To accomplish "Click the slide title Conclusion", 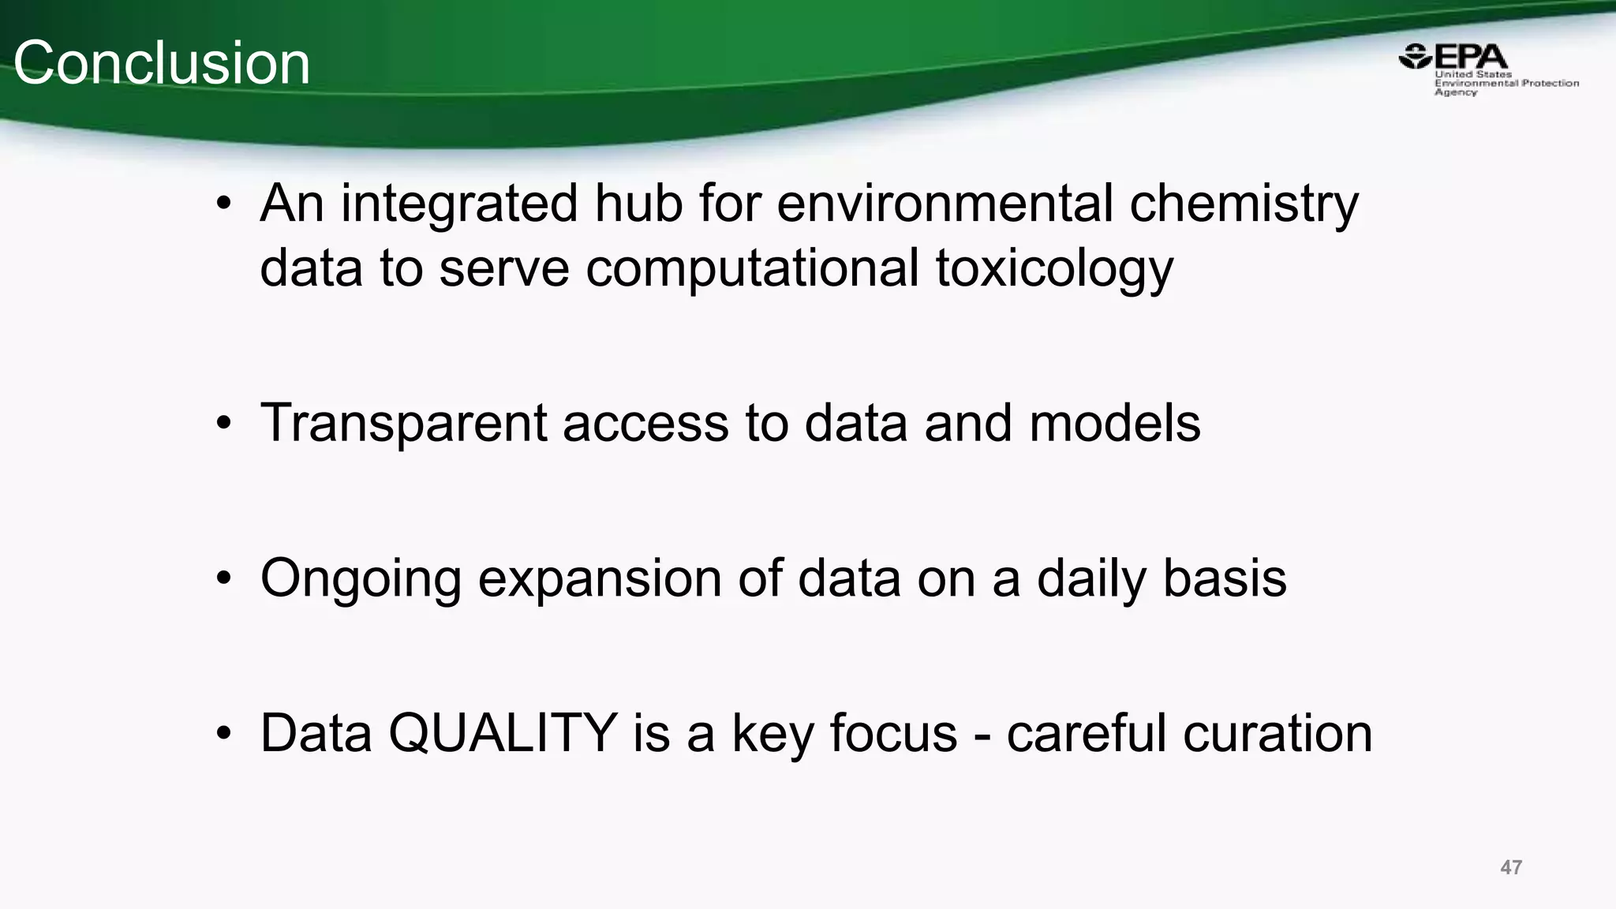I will (x=162, y=63).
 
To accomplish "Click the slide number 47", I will (x=1510, y=867).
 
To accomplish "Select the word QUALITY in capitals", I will (x=503, y=733).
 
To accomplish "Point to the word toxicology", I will (x=1054, y=270).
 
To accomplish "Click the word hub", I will (x=638, y=204).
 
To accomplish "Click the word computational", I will (x=752, y=270).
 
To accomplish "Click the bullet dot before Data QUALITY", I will (x=224, y=735).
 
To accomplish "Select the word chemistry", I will (x=1244, y=205).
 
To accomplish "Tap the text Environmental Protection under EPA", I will (x=1506, y=83).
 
